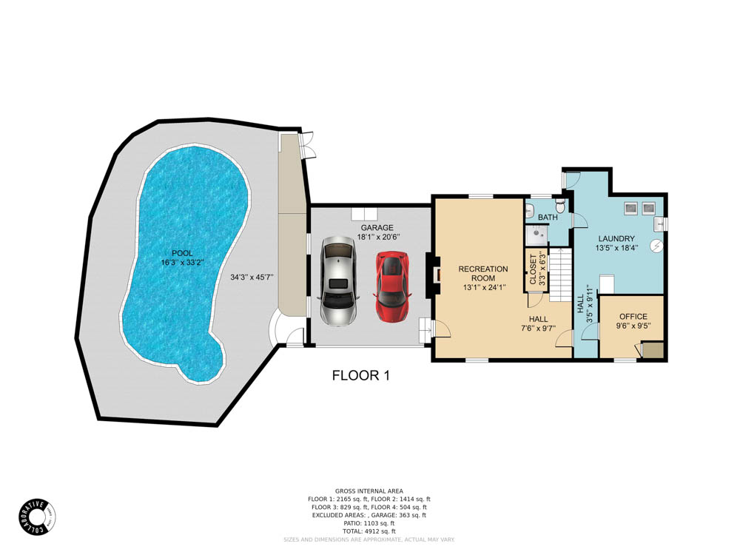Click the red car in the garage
pos(392,286)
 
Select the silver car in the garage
pos(339,280)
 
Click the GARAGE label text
pos(377,227)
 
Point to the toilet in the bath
pos(560,202)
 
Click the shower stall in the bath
pos(536,235)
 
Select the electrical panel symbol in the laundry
pos(656,246)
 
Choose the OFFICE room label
pos(633,317)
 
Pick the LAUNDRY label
pos(617,238)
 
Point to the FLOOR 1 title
pos(360,375)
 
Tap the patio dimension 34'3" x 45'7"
pos(252,277)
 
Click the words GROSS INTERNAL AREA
pos(369,491)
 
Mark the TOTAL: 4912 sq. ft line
pos(369,531)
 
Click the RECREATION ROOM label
pos(483,273)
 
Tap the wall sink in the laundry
pos(660,221)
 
